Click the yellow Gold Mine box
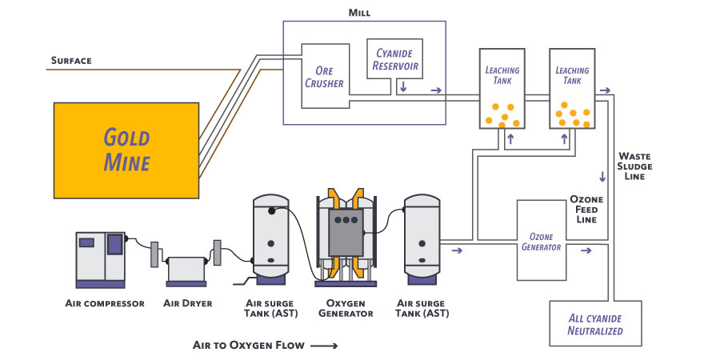[126, 150]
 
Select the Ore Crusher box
[325, 75]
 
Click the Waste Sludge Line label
[635, 166]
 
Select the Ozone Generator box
[541, 242]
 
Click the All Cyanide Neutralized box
[595, 323]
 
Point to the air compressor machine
[101, 258]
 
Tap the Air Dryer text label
[186, 304]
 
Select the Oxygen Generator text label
[346, 309]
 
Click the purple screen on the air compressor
[114, 243]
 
